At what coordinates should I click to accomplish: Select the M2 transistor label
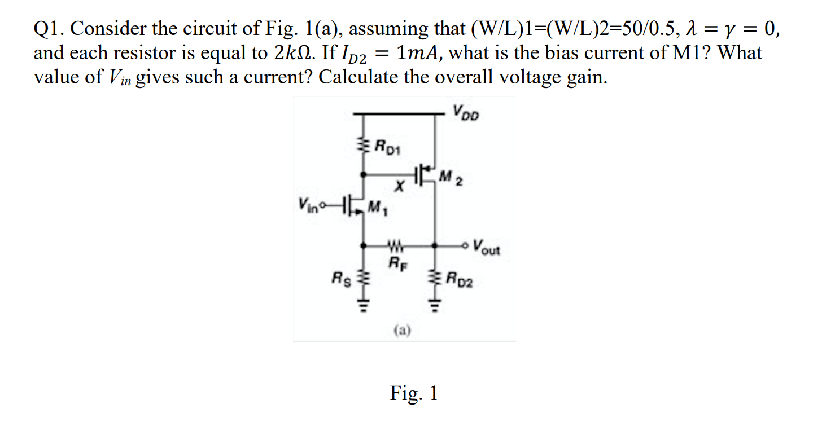[451, 181]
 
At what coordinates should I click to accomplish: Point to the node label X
[399, 192]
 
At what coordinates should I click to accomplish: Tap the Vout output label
[487, 247]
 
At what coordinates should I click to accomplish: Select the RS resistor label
[342, 278]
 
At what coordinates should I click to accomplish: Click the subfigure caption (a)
[401, 329]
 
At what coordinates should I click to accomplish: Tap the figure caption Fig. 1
[413, 393]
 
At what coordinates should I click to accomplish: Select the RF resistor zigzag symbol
[397, 246]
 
